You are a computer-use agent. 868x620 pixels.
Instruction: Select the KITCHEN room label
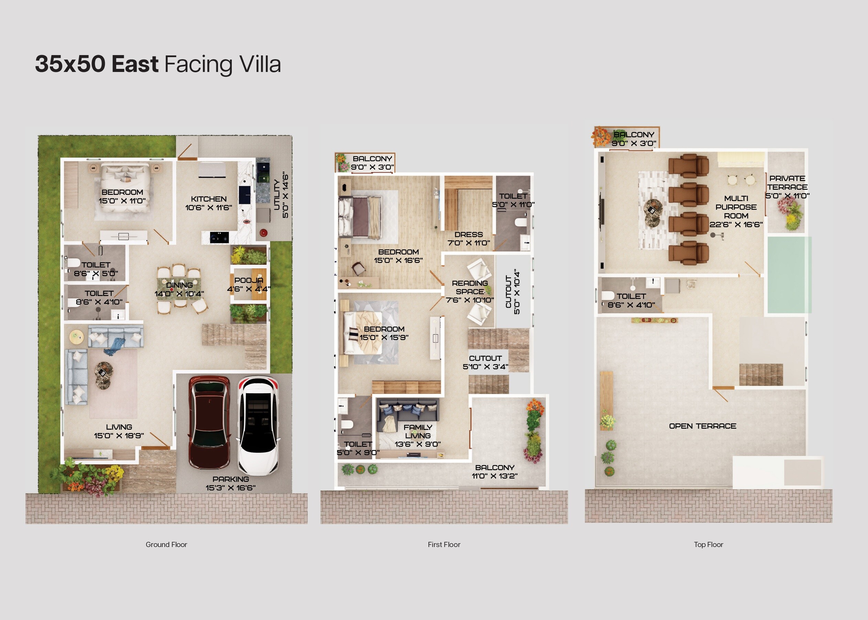coord(209,199)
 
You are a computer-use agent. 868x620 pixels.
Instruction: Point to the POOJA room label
coord(249,280)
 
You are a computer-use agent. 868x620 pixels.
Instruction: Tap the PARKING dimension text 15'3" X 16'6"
coord(230,487)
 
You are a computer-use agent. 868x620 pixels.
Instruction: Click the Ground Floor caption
coord(166,544)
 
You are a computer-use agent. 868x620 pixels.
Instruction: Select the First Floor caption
coord(444,544)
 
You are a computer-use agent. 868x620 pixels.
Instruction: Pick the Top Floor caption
coord(708,544)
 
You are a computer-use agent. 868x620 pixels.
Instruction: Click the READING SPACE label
coord(470,287)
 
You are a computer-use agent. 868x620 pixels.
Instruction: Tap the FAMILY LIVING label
coord(418,431)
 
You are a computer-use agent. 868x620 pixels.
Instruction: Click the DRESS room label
coord(469,234)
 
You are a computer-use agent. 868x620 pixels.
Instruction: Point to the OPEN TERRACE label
coord(703,426)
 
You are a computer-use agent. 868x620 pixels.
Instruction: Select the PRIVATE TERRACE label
coord(787,182)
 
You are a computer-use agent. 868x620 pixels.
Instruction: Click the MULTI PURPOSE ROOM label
coord(736,207)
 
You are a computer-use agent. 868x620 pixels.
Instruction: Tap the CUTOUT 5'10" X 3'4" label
coord(485,362)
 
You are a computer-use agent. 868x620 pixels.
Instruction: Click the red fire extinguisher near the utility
coord(263,232)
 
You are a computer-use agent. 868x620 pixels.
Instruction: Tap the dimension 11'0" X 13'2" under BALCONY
coord(495,476)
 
